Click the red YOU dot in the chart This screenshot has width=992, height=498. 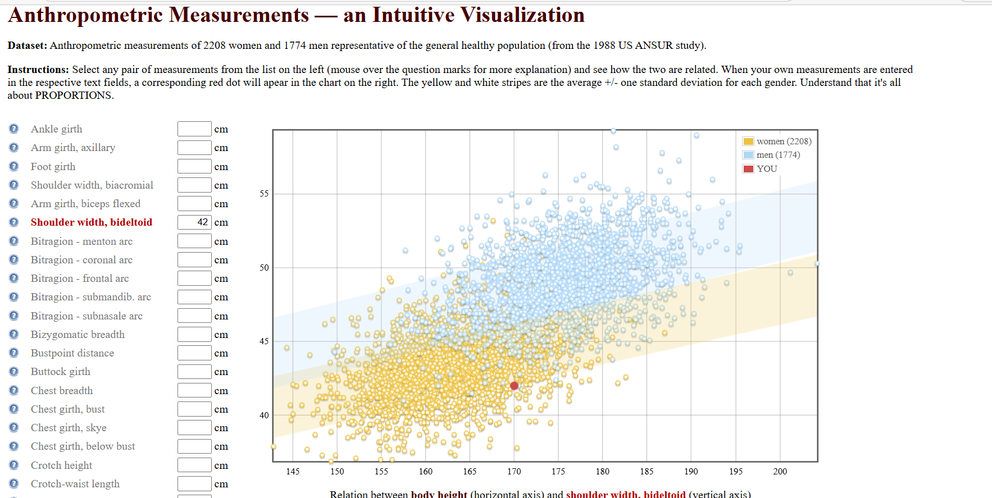point(514,386)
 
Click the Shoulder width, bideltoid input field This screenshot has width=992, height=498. point(194,222)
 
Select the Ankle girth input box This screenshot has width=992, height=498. point(194,129)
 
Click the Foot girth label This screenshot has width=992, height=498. point(53,167)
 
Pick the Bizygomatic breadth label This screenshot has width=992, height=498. point(78,335)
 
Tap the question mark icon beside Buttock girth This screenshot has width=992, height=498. point(14,372)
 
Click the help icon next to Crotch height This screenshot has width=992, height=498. point(14,465)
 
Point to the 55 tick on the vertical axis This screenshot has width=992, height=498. point(264,194)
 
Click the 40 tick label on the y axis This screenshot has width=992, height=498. point(264,415)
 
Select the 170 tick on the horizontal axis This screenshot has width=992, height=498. point(514,472)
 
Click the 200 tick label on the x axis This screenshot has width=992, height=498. point(780,472)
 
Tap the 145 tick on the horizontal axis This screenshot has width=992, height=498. point(293,472)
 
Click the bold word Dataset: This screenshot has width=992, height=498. point(27,45)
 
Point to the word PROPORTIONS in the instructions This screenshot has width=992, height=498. point(74,95)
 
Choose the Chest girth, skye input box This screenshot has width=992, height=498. point(194,428)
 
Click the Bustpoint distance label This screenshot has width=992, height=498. point(72,353)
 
